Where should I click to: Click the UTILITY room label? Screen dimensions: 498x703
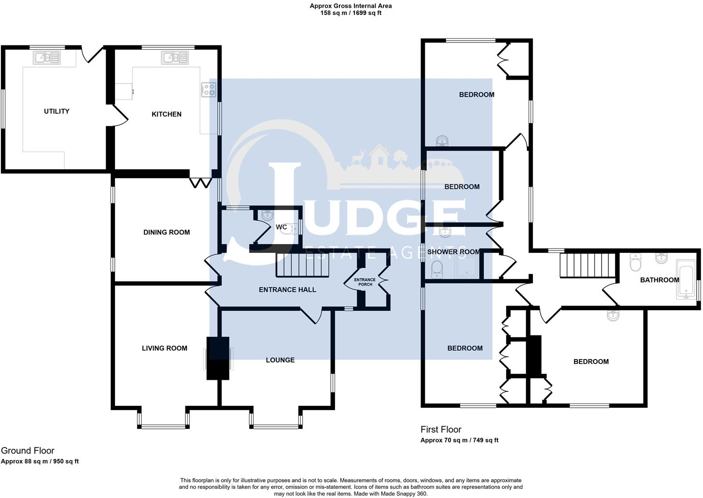click(56, 111)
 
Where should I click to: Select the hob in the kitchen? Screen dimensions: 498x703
click(209, 89)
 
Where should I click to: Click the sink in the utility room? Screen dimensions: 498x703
click(46, 58)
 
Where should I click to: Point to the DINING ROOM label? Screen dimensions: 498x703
click(167, 232)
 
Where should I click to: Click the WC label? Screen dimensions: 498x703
click(281, 227)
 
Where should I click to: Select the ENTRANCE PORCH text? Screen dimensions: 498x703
click(365, 282)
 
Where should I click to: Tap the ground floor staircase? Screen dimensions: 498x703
click(302, 266)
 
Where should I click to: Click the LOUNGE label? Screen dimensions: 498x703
click(280, 360)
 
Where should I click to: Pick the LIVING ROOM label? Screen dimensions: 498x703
click(164, 348)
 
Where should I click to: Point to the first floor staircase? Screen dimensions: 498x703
click(587, 266)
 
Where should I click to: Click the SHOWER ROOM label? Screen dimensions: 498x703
click(453, 252)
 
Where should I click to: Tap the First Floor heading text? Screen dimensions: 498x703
click(441, 429)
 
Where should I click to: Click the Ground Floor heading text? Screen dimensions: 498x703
click(28, 451)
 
